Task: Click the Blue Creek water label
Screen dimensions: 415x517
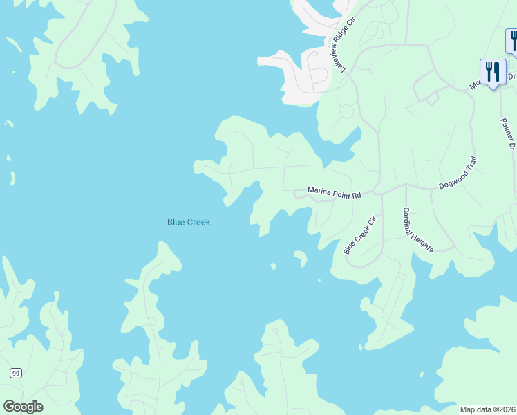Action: pyautogui.click(x=188, y=222)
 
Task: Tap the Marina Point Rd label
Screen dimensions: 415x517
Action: pyautogui.click(x=335, y=195)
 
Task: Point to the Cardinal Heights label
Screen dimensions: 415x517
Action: pyautogui.click(x=417, y=230)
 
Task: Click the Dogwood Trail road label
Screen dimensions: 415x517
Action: pyautogui.click(x=458, y=173)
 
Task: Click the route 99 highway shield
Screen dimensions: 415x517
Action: pyautogui.click(x=15, y=373)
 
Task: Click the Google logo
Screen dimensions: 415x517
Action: pyautogui.click(x=23, y=406)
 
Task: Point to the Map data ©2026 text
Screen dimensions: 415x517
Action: pyautogui.click(x=487, y=409)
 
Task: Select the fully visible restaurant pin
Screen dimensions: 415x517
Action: pyautogui.click(x=492, y=72)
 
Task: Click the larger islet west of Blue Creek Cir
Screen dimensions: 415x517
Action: pyautogui.click(x=301, y=258)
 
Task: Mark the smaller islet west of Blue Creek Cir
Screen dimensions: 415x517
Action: pyautogui.click(x=273, y=266)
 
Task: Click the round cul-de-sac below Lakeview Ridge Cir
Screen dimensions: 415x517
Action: pyautogui.click(x=346, y=111)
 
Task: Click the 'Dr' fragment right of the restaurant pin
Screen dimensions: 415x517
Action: pyautogui.click(x=511, y=76)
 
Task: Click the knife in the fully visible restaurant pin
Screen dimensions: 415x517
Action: pyautogui.click(x=496, y=71)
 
